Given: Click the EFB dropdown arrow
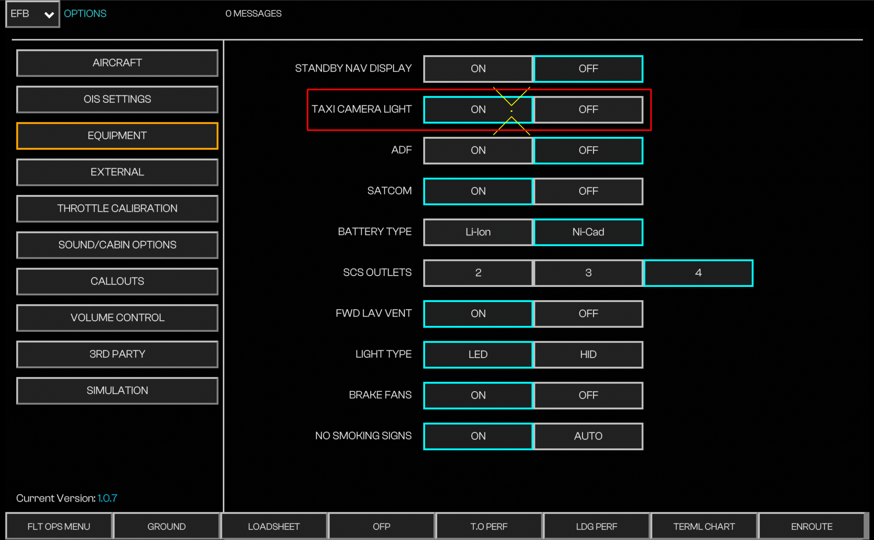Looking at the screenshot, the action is click(49, 15).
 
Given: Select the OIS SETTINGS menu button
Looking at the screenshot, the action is click(117, 99).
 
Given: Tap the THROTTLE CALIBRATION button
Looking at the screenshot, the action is click(117, 209).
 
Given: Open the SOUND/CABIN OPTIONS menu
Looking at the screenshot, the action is click(117, 245).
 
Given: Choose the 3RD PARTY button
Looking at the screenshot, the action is click(117, 354).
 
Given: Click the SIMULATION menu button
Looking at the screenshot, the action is click(117, 391).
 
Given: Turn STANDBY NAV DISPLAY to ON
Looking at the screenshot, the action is click(478, 69).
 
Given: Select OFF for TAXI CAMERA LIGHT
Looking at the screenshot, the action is click(588, 110).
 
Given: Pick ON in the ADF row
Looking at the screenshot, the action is click(478, 150).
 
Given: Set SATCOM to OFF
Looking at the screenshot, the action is click(588, 191).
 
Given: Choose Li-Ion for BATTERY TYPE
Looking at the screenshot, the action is click(478, 232).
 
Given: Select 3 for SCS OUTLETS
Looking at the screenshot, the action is click(588, 273).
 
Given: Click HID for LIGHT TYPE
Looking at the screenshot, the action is click(588, 355).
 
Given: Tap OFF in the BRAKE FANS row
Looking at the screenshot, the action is click(588, 396).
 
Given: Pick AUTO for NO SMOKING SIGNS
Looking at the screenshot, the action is click(588, 436).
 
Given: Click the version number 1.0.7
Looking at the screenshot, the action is click(107, 498).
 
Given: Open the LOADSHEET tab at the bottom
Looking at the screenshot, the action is click(274, 526).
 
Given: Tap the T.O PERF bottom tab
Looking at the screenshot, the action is click(489, 526).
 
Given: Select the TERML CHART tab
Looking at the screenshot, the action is click(704, 526).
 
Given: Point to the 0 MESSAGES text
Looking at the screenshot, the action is click(254, 14).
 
